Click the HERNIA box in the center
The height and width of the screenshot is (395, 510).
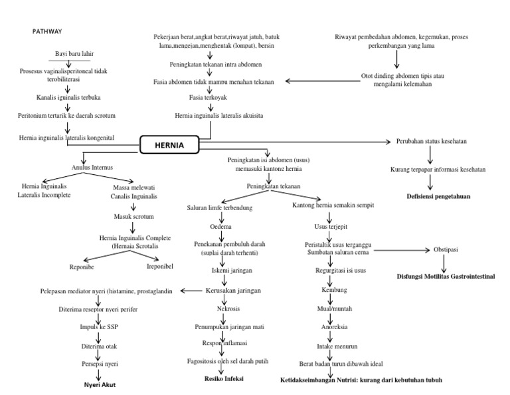pos(169,145)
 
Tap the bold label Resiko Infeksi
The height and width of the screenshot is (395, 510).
pos(224,379)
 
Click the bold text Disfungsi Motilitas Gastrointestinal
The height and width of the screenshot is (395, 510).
pos(446,275)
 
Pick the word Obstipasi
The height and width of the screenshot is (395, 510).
pos(446,249)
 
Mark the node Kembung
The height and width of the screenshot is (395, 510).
pos(334,291)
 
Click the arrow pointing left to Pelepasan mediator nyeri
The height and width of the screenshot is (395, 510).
pos(191,291)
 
